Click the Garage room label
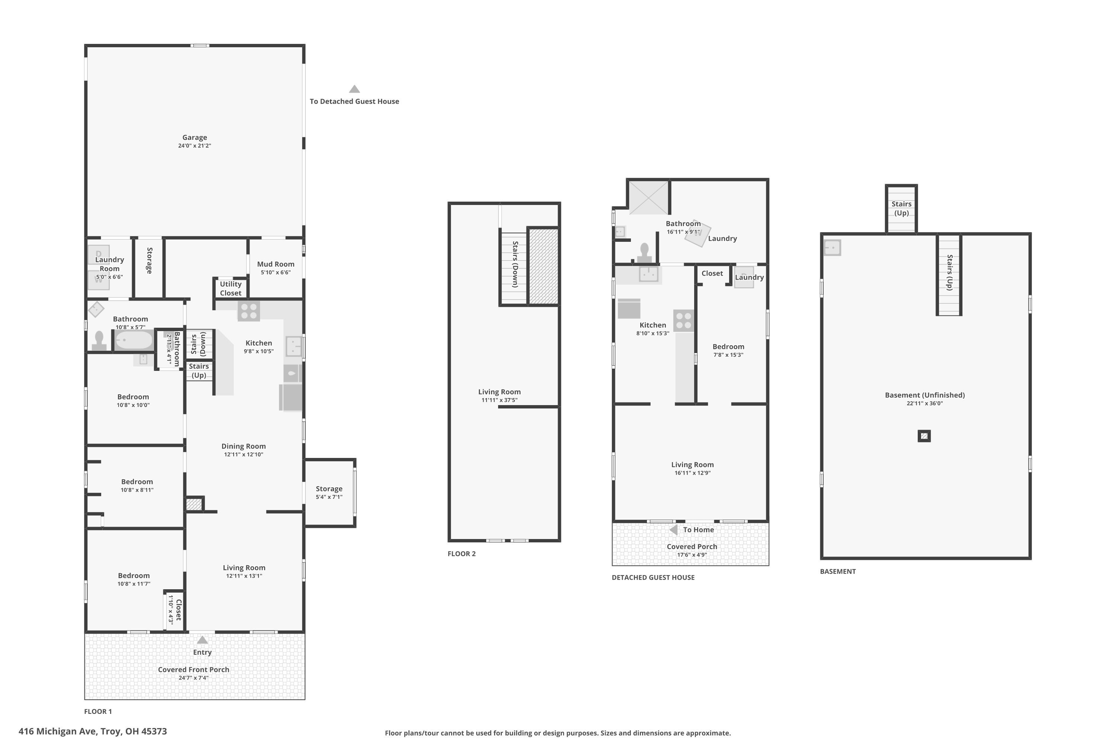[195, 137]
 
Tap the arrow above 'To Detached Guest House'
[355, 89]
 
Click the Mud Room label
[276, 264]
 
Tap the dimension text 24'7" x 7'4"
[193, 677]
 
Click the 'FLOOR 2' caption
[462, 554]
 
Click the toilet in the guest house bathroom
[644, 253]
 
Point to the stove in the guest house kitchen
[684, 320]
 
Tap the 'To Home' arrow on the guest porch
[673, 529]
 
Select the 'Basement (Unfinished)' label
[925, 395]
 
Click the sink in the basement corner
[832, 248]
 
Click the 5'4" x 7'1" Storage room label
[329, 489]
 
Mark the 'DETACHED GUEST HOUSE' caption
[653, 577]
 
